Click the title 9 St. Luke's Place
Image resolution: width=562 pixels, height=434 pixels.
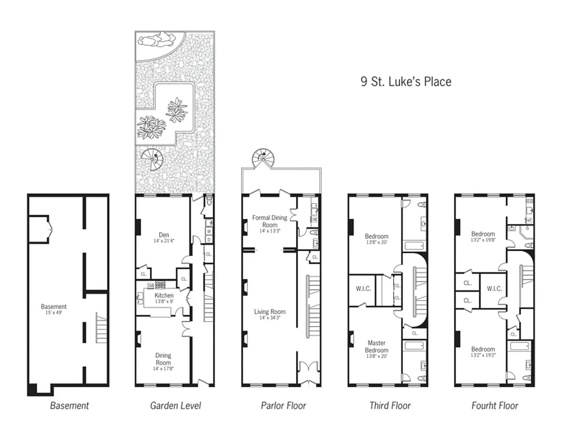(406, 82)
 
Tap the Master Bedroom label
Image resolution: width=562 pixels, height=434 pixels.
(376, 347)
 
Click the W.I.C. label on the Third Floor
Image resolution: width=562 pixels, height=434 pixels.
(363, 289)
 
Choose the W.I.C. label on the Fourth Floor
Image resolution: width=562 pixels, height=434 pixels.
(494, 289)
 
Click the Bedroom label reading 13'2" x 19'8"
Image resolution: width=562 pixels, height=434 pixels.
(483, 237)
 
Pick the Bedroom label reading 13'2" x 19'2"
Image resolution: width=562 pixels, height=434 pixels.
(483, 352)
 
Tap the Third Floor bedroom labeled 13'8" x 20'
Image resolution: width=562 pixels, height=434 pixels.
(376, 239)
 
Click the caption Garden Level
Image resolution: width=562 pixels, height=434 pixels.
(175, 405)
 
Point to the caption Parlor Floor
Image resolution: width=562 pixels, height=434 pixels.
(283, 405)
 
